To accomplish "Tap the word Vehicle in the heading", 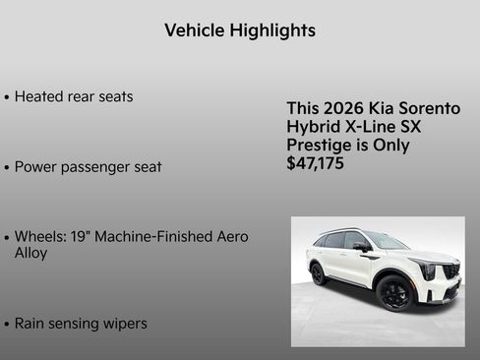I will pyautogui.click(x=195, y=30).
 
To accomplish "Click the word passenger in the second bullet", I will pyautogui.click(x=96, y=167).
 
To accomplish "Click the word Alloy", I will pyautogui.click(x=31, y=254).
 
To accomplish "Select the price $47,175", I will pyautogui.click(x=316, y=164).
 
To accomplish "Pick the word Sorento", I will pyautogui.click(x=429, y=108).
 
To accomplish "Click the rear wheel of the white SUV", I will pyautogui.click(x=320, y=273).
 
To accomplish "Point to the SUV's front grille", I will pyautogui.click(x=450, y=271).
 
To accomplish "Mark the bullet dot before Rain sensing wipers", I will pyautogui.click(x=7, y=324).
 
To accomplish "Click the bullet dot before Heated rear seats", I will pyautogui.click(x=7, y=97).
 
